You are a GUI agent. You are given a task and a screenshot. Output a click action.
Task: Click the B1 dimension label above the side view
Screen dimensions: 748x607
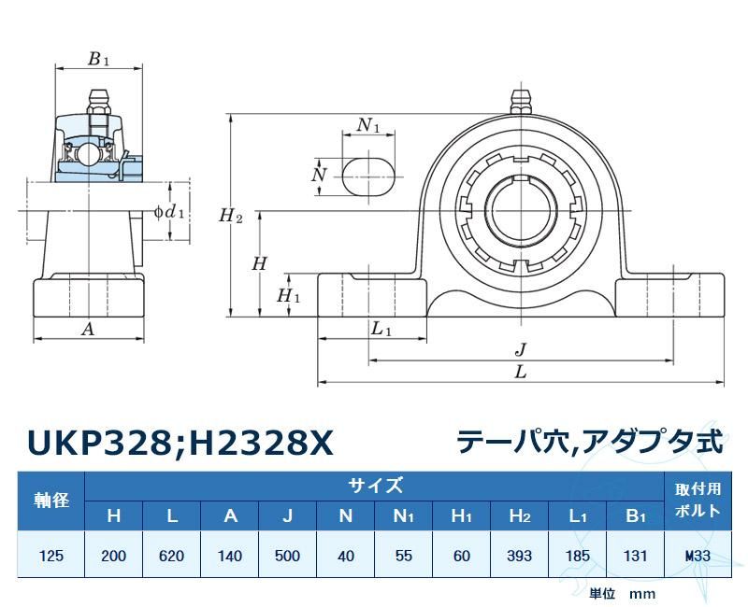pos(99,59)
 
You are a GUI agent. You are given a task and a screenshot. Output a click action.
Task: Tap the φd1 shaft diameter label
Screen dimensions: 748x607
pos(169,211)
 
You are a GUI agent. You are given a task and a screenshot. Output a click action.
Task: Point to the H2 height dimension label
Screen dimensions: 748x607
pos(231,216)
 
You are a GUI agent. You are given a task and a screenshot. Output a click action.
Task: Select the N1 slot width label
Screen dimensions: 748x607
pos(368,125)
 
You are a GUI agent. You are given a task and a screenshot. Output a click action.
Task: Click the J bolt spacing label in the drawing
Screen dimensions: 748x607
pos(521,349)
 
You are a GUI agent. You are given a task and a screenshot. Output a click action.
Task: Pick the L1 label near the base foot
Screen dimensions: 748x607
pos(381,329)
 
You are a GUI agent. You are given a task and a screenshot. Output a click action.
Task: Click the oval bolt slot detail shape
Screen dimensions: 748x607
pos(368,176)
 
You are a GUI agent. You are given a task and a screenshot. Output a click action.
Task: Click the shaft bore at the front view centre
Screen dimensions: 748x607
pos(521,211)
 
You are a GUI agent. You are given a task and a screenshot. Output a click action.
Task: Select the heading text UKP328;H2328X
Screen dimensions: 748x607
pos(180,444)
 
